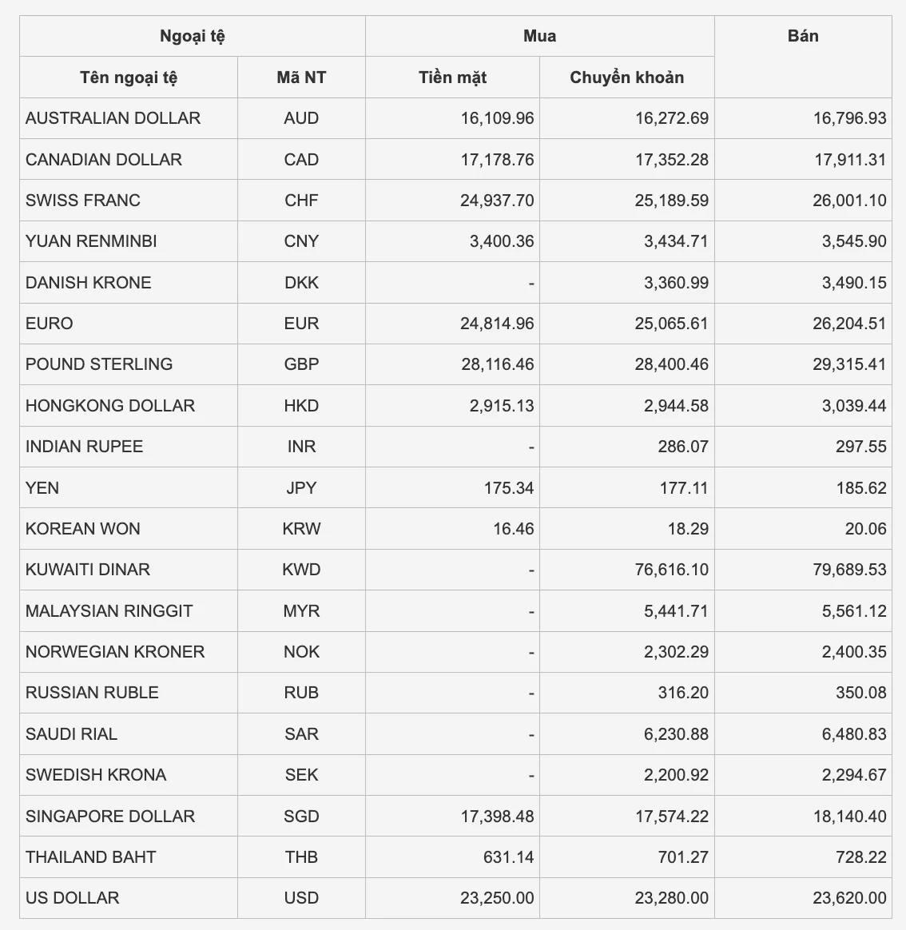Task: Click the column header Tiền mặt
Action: coord(452,77)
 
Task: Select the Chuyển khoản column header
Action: coord(626,77)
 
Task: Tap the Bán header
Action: coord(802,36)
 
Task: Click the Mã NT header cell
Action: coord(301,77)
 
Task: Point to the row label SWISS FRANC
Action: coord(83,200)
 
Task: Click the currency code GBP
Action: coord(301,364)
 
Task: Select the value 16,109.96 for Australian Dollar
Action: coord(497,118)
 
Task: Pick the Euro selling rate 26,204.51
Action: coord(849,324)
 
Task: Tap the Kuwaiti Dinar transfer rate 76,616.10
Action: coord(671,570)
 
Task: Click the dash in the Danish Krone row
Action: coord(530,284)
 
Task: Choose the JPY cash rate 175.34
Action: coord(508,487)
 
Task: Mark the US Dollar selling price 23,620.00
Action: coord(849,898)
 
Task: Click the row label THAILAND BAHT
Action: coord(91,857)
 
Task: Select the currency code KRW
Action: coord(301,529)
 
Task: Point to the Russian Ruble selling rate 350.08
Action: coord(860,693)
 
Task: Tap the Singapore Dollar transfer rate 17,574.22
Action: coord(671,817)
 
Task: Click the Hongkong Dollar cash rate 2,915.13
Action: coord(502,405)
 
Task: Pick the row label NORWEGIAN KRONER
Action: coord(115,652)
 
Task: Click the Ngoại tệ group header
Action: coord(193,36)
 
